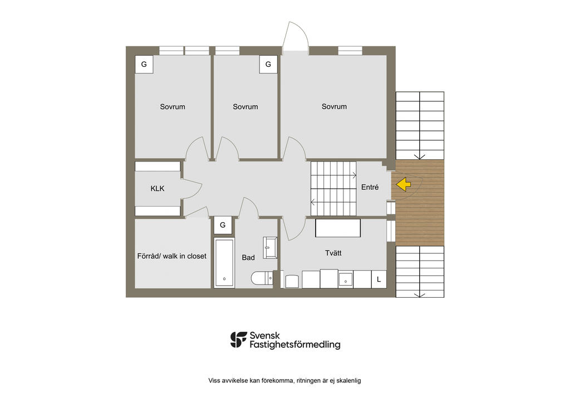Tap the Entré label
370,188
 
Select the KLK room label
158,189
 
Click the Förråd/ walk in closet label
171,256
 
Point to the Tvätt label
333,253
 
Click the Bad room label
248,258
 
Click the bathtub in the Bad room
224,263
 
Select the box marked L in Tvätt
379,279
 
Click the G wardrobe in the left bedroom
144,65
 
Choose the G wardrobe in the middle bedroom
268,65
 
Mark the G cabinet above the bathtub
223,225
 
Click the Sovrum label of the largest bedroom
334,106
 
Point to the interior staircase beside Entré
333,189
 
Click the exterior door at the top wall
294,38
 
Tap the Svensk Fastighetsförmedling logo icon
239,340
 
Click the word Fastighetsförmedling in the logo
295,345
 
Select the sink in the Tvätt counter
346,279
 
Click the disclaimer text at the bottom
284,381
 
